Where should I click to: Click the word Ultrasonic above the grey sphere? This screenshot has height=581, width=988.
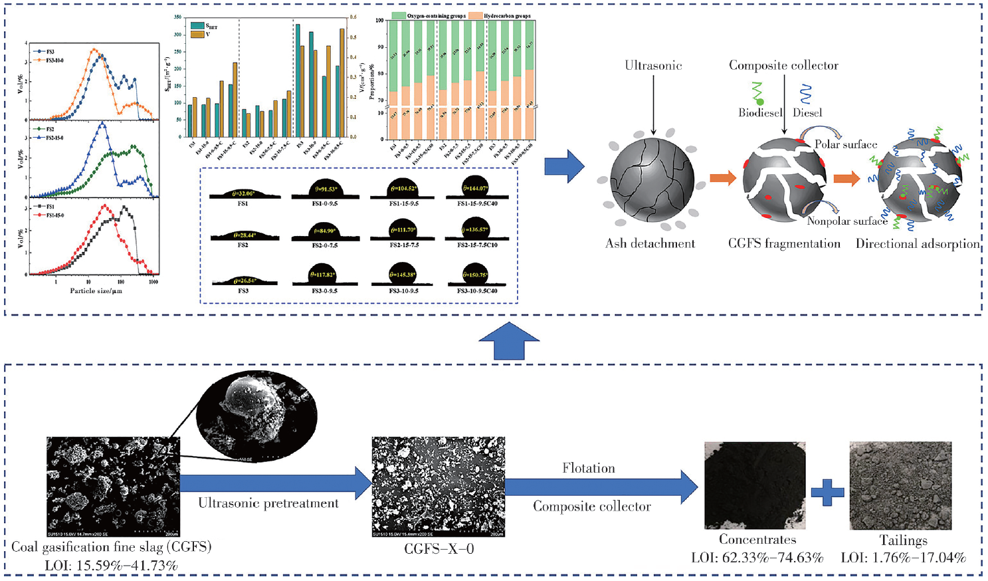click(653, 65)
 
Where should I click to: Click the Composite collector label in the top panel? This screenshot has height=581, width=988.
click(783, 65)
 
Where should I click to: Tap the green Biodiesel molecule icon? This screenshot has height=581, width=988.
click(758, 94)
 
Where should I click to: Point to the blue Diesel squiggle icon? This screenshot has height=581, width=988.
click(805, 94)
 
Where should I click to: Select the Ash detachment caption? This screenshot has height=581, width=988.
click(650, 243)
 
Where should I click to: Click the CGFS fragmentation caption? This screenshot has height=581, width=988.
click(784, 243)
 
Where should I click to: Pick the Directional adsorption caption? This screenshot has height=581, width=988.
click(918, 243)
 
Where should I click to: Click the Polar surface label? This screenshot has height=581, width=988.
click(846, 144)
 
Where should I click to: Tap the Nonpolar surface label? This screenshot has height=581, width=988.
click(847, 221)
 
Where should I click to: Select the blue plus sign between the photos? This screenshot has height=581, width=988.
click(828, 493)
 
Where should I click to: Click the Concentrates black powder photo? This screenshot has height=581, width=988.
click(755, 485)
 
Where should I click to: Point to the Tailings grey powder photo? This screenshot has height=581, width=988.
click(900, 485)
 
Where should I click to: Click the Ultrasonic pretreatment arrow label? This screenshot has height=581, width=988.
click(268, 503)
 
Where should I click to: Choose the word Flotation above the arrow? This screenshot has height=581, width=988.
click(589, 468)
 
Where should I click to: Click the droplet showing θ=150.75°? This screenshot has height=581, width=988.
click(475, 275)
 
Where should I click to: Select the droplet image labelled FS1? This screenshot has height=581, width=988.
click(243, 194)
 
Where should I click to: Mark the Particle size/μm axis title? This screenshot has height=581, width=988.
click(96, 290)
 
